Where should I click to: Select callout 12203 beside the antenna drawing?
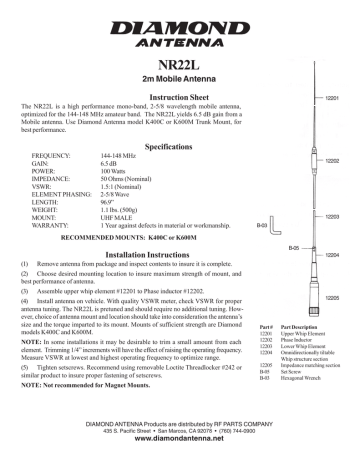pyautogui.click(x=334, y=217)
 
